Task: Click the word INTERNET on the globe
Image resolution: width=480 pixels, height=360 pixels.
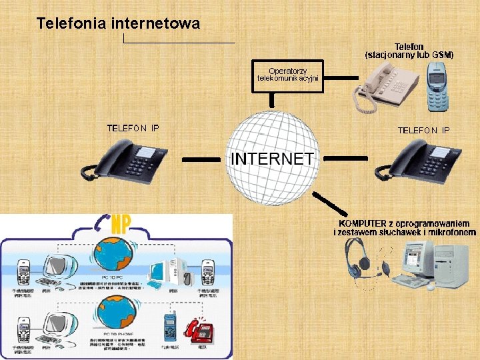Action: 272,159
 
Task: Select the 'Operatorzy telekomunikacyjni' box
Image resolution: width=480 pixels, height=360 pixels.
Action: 288,75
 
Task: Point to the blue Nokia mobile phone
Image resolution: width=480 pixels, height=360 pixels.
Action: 437,87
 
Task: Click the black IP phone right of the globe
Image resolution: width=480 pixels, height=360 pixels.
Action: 417,161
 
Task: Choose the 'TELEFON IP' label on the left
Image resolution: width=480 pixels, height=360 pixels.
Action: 133,128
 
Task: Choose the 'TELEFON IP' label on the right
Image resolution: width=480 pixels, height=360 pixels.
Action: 423,130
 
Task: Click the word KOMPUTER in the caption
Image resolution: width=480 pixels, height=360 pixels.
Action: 363,223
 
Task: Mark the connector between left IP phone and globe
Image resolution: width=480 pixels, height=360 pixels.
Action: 200,159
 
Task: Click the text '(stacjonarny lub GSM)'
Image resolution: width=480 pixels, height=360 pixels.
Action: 409,55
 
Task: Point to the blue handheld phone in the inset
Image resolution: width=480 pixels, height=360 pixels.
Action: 167,327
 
